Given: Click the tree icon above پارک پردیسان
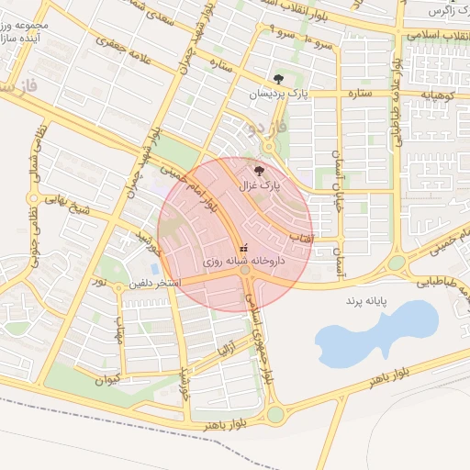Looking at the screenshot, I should [x=278, y=78].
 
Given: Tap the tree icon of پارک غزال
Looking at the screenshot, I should [x=258, y=170].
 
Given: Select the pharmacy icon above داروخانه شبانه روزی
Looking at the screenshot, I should [x=243, y=249].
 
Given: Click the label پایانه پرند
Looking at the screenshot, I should [x=368, y=300].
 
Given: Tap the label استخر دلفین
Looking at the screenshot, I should [x=154, y=283].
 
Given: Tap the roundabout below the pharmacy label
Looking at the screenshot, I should [x=245, y=270].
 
